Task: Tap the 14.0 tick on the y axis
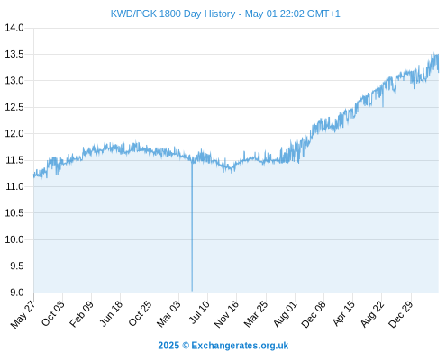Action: coord(14,28)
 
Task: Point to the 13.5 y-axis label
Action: coord(14,54)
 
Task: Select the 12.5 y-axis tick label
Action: coord(14,107)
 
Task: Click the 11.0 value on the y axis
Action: coord(14,186)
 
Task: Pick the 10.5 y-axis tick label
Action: coord(14,213)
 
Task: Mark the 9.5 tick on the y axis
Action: coord(17,265)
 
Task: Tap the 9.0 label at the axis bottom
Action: coord(17,292)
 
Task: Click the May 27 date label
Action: coord(23,314)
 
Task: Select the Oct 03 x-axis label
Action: coord(53,313)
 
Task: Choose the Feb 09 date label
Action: coord(81,314)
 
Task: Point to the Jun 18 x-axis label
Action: coord(111,313)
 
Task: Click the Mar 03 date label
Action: coord(169,314)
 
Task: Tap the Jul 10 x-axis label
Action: coord(199,312)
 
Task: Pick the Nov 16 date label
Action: coord(226,314)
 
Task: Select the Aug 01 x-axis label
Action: coord(286,314)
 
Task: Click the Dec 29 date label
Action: coord(401,314)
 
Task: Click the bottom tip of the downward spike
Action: coord(192,291)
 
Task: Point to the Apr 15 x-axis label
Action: coord(344,313)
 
